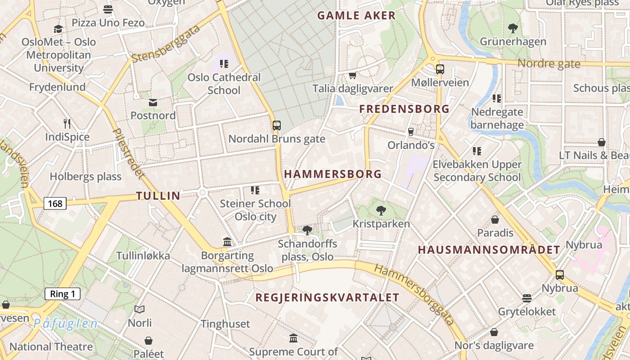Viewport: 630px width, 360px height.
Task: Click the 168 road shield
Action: pyautogui.click(x=55, y=204)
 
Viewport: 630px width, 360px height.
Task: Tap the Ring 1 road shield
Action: pyautogui.click(x=63, y=294)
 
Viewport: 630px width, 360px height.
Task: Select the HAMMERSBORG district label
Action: pyautogui.click(x=333, y=174)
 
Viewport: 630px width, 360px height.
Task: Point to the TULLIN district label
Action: pyautogui.click(x=158, y=196)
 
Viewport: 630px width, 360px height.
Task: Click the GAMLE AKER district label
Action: pyautogui.click(x=356, y=16)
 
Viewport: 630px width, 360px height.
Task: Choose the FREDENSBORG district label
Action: pyautogui.click(x=404, y=109)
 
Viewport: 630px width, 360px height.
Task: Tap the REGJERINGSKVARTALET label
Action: pyautogui.click(x=327, y=297)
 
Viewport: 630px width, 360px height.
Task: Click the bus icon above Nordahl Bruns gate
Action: pyautogui.click(x=277, y=126)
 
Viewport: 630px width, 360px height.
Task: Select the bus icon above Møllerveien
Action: pyautogui.click(x=440, y=69)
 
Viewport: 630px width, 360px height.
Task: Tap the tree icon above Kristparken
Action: pyautogui.click(x=381, y=210)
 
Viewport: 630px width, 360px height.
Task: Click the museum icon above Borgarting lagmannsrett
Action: pyautogui.click(x=227, y=242)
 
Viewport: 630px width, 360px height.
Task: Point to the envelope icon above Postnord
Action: pyautogui.click(x=153, y=103)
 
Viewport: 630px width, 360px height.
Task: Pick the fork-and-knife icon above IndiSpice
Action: pyautogui.click(x=67, y=123)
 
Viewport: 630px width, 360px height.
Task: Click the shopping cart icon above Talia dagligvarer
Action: pyautogui.click(x=352, y=75)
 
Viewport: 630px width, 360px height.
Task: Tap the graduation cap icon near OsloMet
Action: pyautogui.click(x=58, y=29)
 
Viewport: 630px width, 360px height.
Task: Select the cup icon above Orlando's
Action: pyautogui.click(x=410, y=131)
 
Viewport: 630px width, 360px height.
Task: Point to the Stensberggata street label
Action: pyautogui.click(x=166, y=44)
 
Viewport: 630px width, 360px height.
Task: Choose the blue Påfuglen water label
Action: pyautogui.click(x=65, y=323)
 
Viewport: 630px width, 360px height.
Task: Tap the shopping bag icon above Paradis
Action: pyautogui.click(x=495, y=220)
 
